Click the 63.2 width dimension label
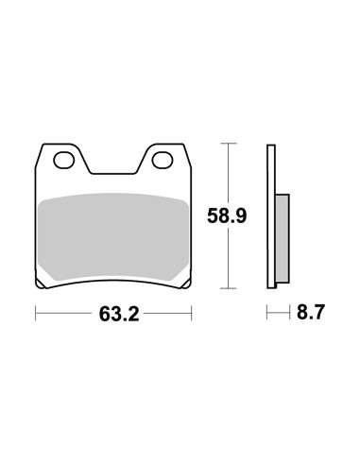119,314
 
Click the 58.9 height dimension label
227,216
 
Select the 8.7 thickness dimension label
310,312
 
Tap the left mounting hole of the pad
64,160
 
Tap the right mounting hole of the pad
163,160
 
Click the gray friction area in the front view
113,237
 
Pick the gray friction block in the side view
282,238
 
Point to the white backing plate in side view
271,216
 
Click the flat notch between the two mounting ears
113,173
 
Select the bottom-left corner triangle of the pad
40,284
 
